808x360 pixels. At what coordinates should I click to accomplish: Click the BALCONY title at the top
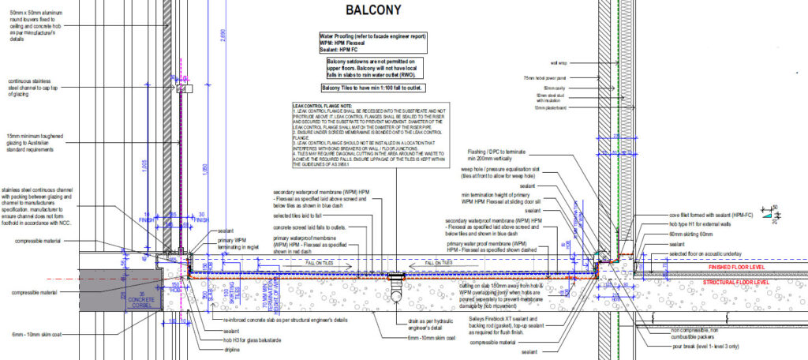tap(368, 10)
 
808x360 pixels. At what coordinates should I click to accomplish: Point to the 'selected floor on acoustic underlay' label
tap(695, 253)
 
